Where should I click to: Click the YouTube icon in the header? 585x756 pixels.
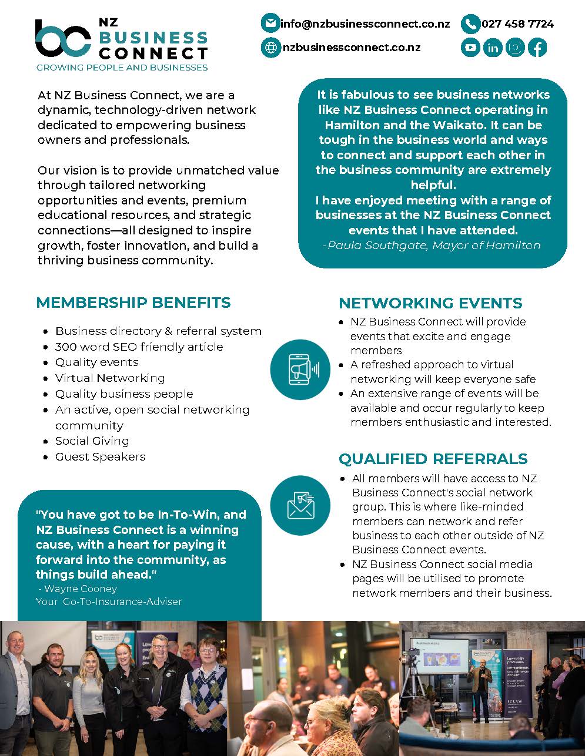[470, 47]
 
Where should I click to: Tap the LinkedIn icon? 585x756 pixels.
[493, 47]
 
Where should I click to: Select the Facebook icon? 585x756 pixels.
[537, 47]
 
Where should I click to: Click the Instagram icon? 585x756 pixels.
[515, 47]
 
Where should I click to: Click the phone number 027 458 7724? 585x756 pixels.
[517, 24]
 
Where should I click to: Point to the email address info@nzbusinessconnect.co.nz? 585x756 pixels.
[365, 24]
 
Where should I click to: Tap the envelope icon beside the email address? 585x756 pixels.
[270, 23]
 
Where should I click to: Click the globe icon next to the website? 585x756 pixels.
[270, 48]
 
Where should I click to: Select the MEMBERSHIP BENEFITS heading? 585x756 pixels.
[133, 303]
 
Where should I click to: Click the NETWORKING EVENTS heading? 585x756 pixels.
[430, 303]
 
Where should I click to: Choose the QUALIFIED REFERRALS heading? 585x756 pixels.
[433, 459]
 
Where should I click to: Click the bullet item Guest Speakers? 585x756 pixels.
[100, 456]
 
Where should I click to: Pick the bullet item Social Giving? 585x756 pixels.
[92, 441]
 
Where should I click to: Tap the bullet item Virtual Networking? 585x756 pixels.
[110, 378]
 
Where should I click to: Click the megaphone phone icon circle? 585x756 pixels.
[300, 369]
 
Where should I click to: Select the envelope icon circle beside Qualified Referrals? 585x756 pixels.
[300, 505]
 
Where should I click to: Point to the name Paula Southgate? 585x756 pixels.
[376, 245]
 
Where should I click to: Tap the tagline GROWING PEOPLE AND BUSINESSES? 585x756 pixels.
[122, 68]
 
